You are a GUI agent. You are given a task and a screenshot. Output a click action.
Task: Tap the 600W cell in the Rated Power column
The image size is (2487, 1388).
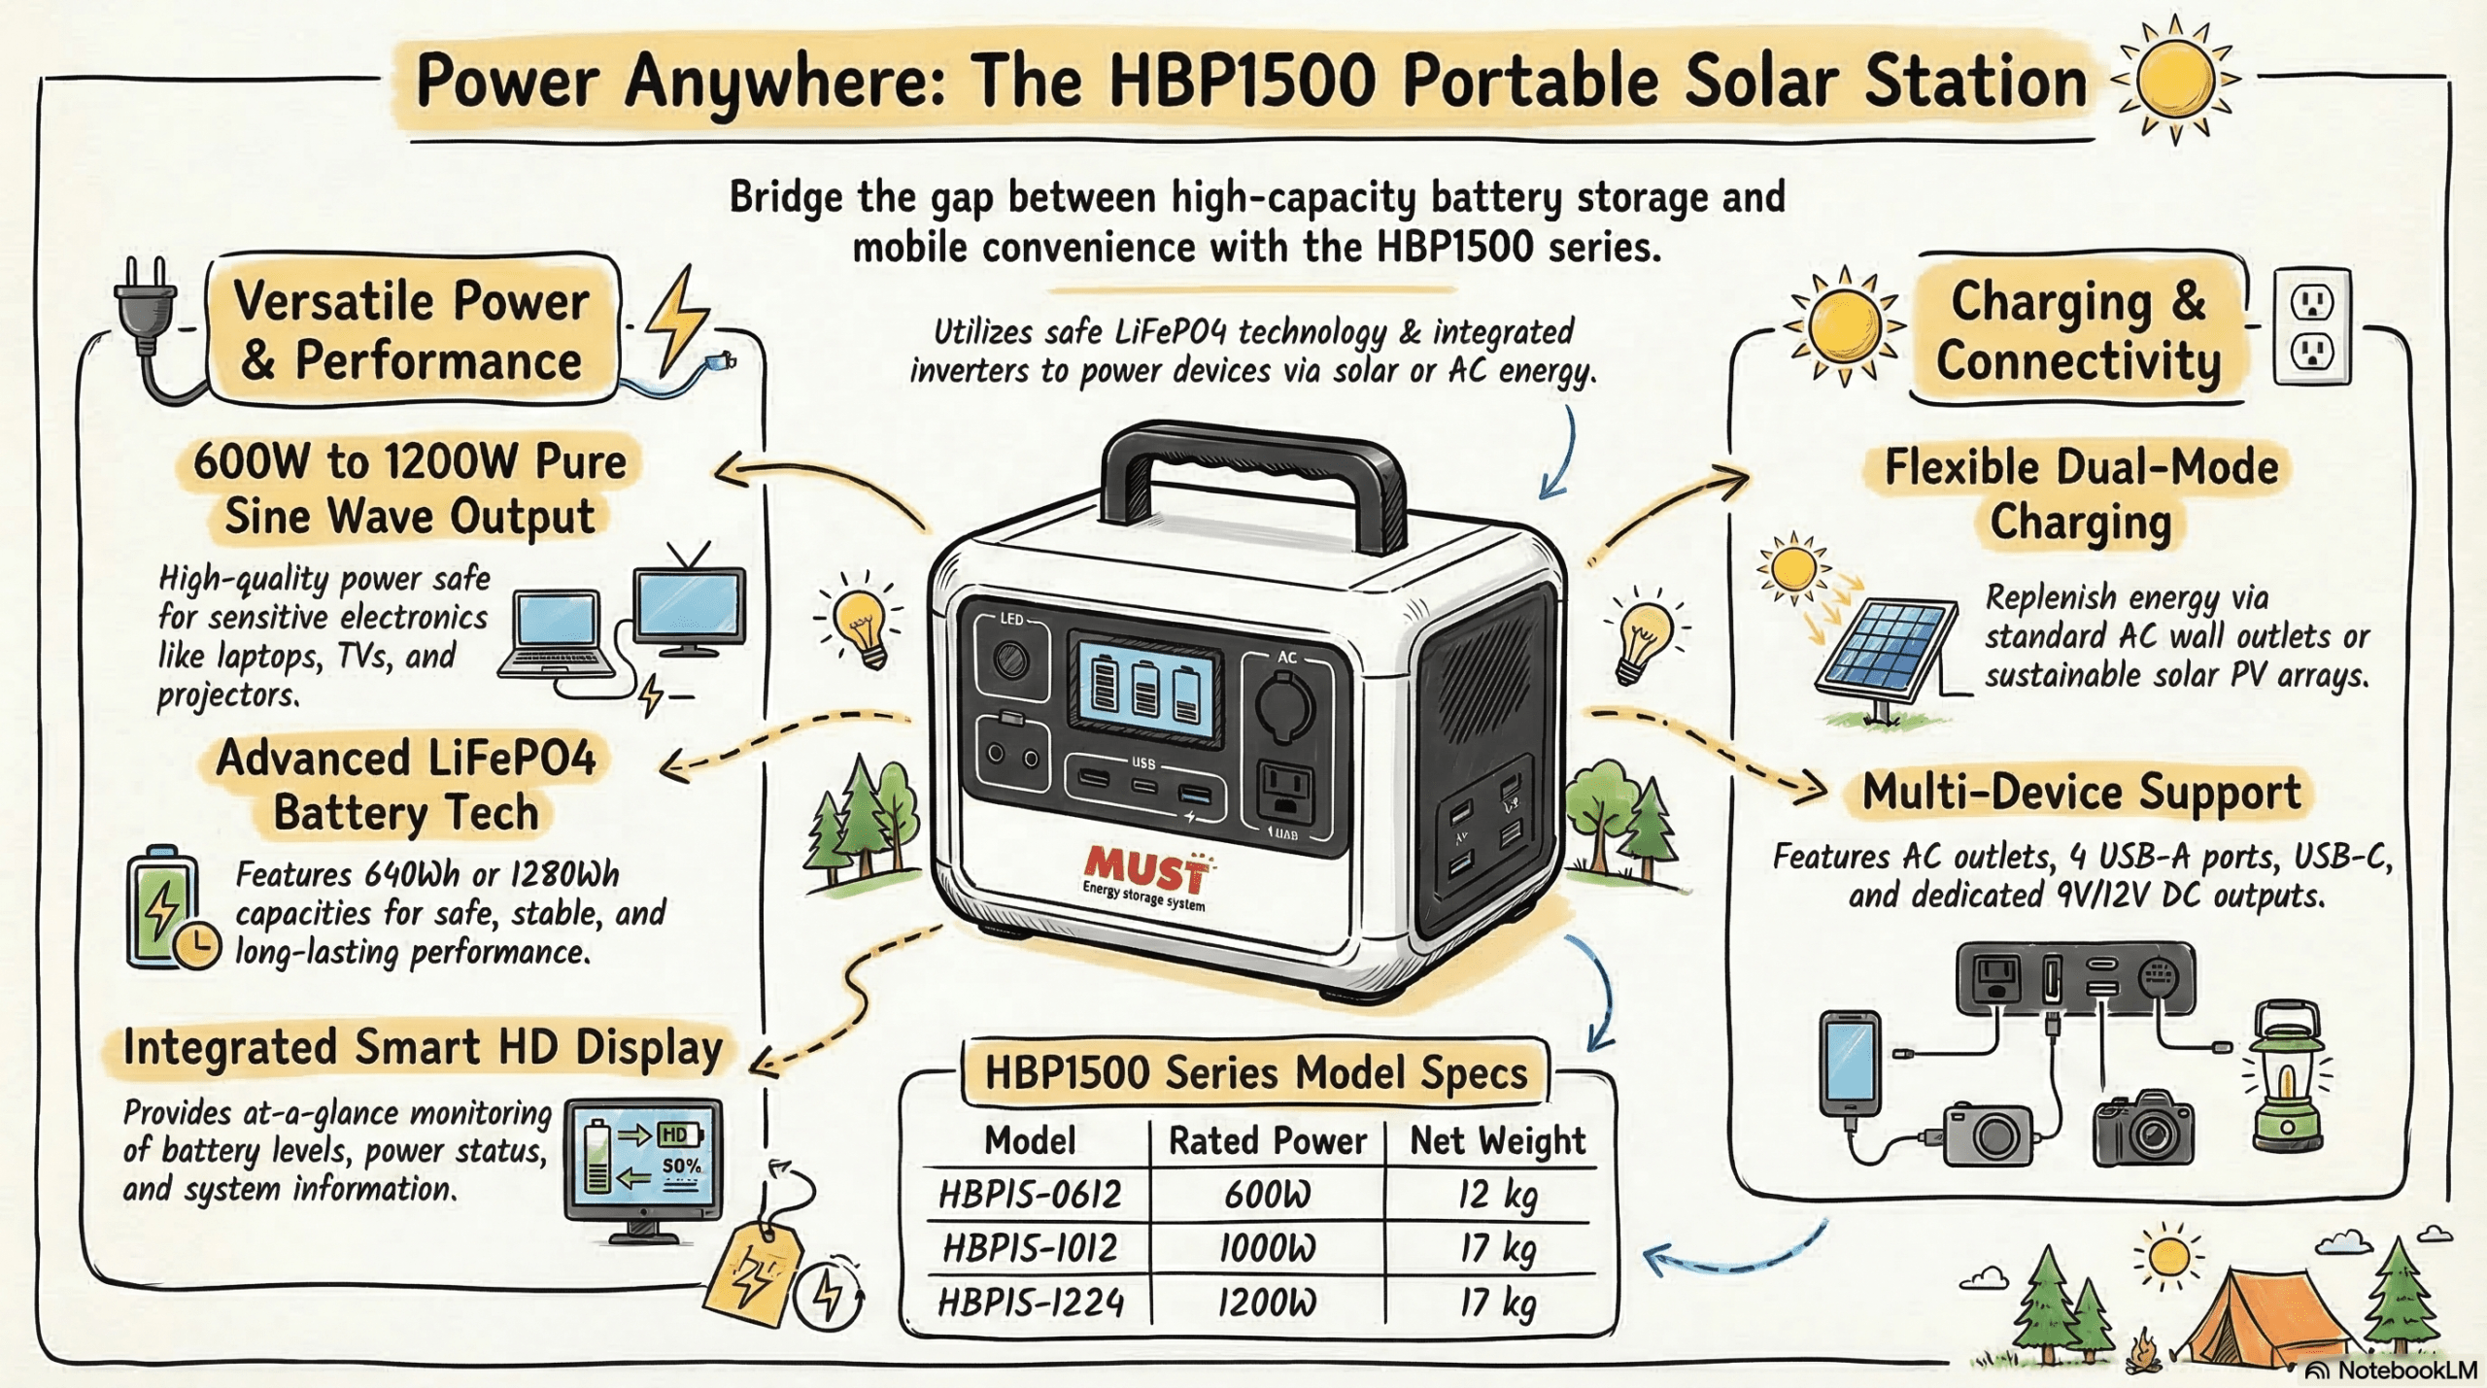coord(1267,1194)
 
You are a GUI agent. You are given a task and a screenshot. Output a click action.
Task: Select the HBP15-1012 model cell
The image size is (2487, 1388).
coord(1031,1248)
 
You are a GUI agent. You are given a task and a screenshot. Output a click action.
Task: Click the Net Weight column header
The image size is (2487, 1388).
coord(1497,1140)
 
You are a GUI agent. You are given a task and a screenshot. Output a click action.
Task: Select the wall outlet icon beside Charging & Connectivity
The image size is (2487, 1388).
coord(2312,328)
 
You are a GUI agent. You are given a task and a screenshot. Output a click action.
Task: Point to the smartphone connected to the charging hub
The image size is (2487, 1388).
coord(1850,1064)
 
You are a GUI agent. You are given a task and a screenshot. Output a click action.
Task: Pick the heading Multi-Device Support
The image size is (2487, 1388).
coord(2081,793)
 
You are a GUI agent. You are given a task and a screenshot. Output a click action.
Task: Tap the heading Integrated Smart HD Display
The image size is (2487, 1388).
coord(423,1049)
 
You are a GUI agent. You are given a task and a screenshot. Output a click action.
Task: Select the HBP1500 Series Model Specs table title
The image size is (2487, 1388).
coord(1255,1073)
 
